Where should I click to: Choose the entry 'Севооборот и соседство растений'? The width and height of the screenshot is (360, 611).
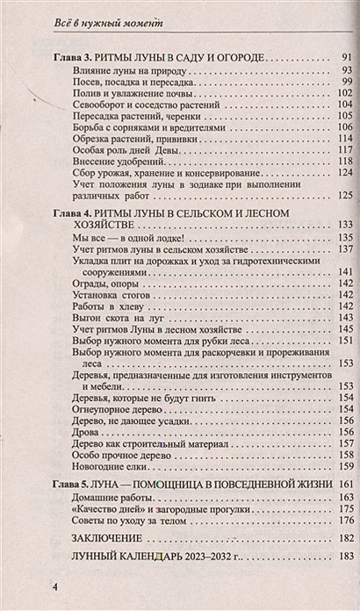[x=140, y=104]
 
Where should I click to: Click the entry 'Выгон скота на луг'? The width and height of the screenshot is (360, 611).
[x=114, y=318]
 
